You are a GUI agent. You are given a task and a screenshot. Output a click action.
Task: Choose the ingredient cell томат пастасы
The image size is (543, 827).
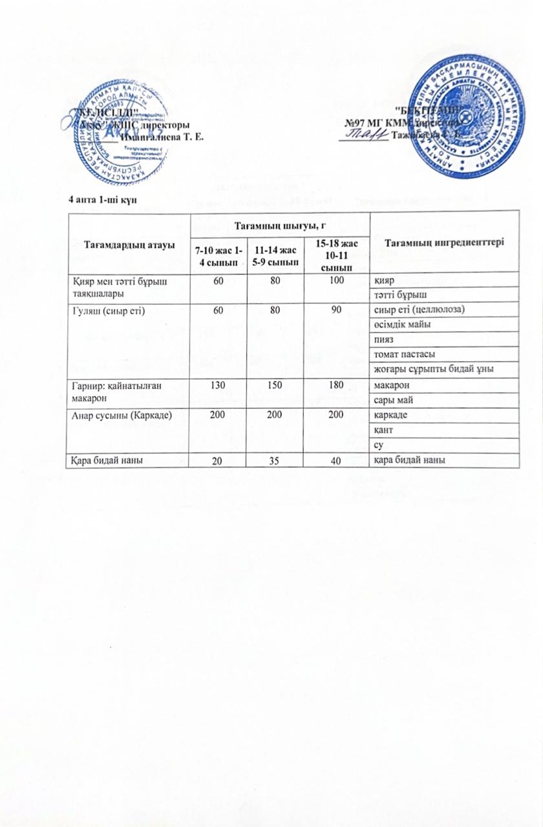point(402,355)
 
